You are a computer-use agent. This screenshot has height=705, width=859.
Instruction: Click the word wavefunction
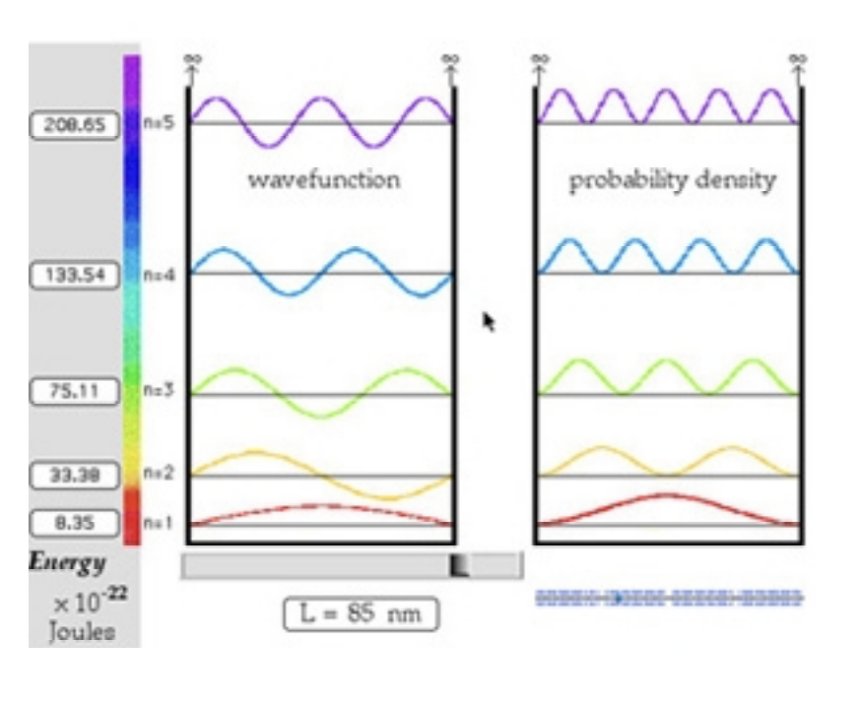(323, 180)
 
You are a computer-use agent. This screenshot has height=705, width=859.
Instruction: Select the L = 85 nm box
(361, 614)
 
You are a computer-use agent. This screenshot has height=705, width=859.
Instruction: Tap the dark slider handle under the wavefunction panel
(459, 565)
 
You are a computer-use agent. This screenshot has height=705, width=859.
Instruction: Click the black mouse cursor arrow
(489, 321)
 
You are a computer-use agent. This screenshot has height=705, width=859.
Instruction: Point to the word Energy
(67, 562)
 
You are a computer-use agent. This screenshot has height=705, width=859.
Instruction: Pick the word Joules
(82, 630)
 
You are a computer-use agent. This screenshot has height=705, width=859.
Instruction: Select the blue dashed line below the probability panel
(669, 598)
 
